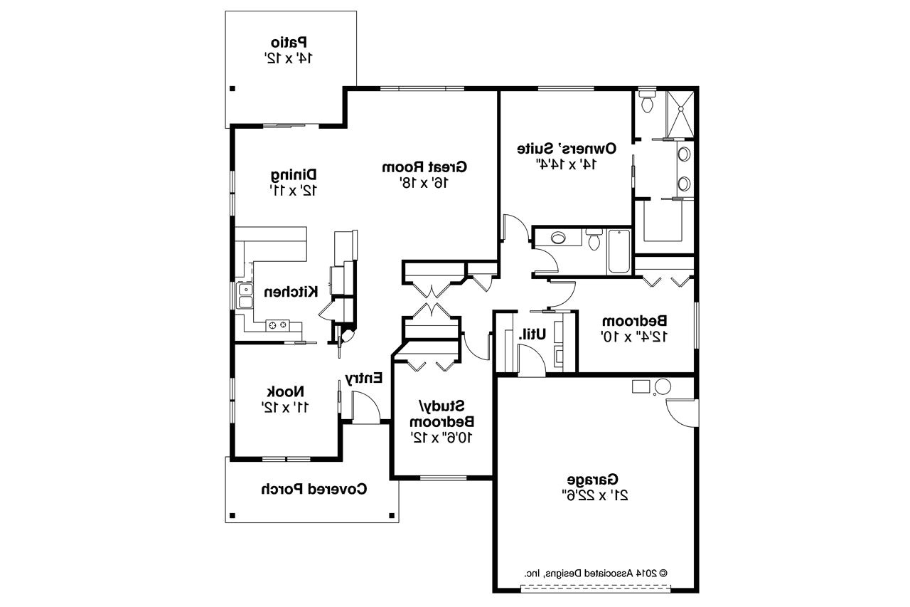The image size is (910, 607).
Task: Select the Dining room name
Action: coord(294,174)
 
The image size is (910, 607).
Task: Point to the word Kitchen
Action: coord(290,292)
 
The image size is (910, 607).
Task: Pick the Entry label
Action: coord(364,378)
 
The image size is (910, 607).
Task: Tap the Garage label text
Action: coord(593,479)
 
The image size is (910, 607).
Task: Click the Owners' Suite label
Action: coord(566,149)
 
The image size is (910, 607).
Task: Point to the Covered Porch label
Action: coord(314,489)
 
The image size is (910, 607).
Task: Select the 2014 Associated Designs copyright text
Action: coord(596,572)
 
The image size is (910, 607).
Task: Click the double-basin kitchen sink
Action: coord(245,296)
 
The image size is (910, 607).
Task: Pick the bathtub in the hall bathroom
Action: coord(619,252)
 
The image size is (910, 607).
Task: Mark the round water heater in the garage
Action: coord(663,387)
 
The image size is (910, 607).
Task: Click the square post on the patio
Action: coord(232,88)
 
